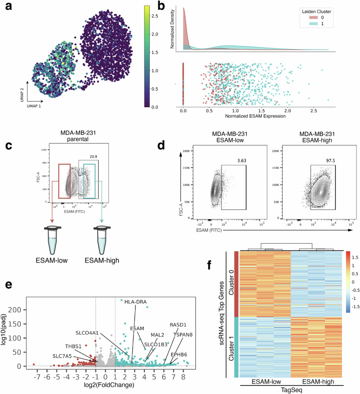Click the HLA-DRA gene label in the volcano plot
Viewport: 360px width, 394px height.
(x=135, y=301)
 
